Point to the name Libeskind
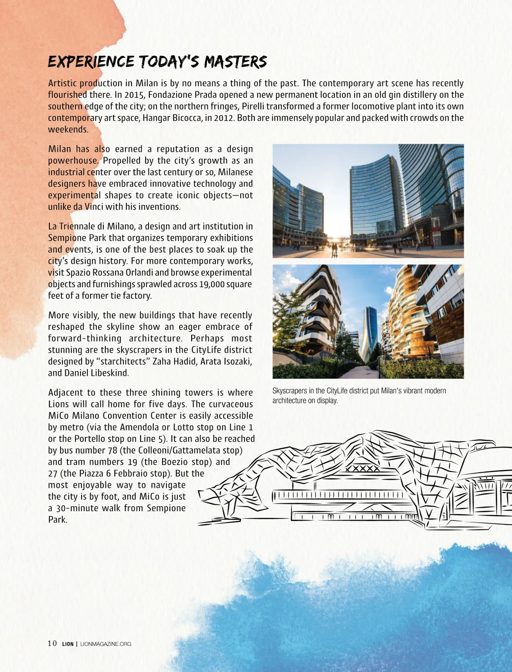click(x=107, y=373)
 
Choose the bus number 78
click(x=112, y=450)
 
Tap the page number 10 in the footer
click(x=52, y=643)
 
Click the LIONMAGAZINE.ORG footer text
click(x=106, y=644)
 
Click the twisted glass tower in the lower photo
click(x=369, y=333)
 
